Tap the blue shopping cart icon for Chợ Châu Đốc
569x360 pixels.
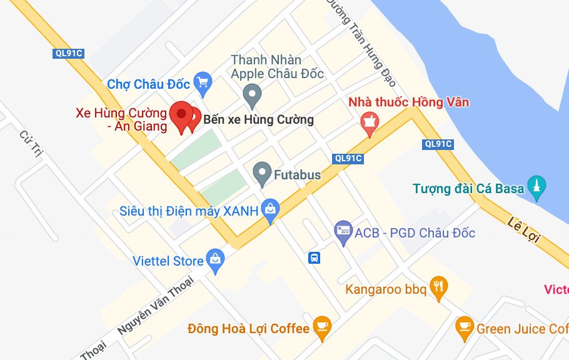click(203, 81)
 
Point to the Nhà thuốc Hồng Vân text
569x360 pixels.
click(408, 102)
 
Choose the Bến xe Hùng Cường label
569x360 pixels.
click(259, 119)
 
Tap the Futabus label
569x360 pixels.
click(297, 175)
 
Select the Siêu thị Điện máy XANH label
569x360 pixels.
click(189, 211)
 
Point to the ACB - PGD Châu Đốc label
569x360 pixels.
click(415, 233)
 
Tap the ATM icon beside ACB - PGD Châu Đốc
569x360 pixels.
click(343, 232)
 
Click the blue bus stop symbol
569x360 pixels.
click(315, 257)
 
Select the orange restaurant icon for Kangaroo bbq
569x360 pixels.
click(440, 287)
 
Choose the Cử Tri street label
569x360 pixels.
click(29, 144)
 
